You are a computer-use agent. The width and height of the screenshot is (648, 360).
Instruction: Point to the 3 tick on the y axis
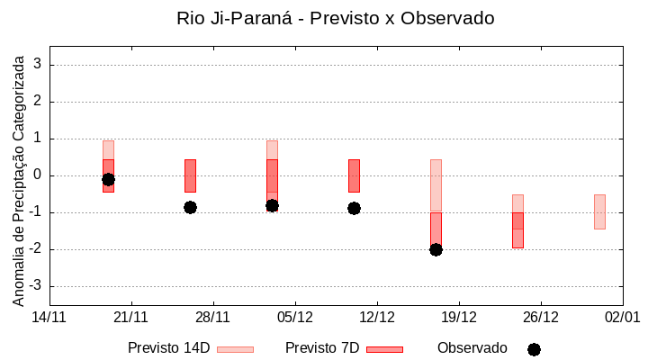click(39, 65)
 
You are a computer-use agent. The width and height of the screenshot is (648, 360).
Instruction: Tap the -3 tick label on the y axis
click(36, 286)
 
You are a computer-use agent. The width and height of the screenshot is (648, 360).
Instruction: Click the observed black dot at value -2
click(436, 249)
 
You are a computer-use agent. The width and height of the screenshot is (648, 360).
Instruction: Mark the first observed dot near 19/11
click(108, 179)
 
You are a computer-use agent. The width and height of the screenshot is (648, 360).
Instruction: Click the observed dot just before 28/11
click(190, 207)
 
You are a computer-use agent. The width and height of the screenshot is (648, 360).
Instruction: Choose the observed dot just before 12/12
click(354, 208)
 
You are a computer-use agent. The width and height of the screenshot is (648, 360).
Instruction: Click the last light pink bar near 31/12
click(599, 211)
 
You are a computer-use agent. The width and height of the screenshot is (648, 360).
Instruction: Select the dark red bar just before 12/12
click(354, 175)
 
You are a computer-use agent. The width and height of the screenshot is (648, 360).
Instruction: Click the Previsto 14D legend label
click(168, 347)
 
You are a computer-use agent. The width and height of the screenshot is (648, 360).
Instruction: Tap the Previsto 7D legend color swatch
click(384, 348)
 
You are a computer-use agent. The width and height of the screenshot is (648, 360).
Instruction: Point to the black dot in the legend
click(534, 349)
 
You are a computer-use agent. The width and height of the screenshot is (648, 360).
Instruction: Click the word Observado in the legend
click(472, 347)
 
